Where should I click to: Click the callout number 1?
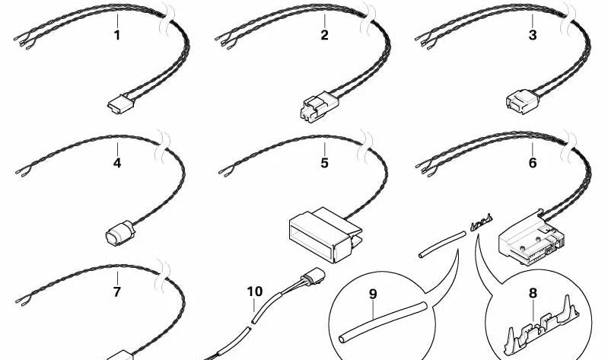[x=116, y=35]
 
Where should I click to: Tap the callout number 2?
[x=325, y=35]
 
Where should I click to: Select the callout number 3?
[x=533, y=35]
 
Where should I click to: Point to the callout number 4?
[x=117, y=163]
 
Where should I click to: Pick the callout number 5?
[x=325, y=163]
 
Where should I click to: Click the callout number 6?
[x=533, y=163]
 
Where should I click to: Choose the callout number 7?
[x=116, y=292]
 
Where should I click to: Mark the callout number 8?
[x=533, y=293]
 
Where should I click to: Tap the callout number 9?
[x=373, y=295]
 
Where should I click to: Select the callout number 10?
[x=255, y=292]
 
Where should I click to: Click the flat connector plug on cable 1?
[x=120, y=103]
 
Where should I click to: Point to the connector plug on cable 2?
[x=319, y=106]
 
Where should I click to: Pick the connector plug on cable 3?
[x=523, y=101]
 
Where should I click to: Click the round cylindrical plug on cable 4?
[x=119, y=233]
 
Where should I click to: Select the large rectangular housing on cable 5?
[x=325, y=234]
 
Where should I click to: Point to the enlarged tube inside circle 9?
[x=383, y=322]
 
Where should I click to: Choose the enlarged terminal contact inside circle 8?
[x=542, y=326]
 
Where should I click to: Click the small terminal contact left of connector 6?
[x=481, y=224]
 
